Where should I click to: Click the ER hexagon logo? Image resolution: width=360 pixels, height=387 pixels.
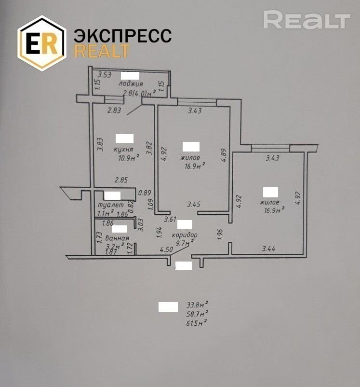coord(41,43)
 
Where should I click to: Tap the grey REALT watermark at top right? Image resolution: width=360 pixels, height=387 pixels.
coord(307,20)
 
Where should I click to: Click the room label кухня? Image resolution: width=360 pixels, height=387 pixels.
coord(124,149)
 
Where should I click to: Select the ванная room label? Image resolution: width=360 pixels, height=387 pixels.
coord(117,238)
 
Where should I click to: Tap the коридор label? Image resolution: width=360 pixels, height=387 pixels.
coord(185,235)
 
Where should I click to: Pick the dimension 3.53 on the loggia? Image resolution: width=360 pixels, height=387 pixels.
coord(105,75)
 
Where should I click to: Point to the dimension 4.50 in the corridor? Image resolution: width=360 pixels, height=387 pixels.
coord(167,249)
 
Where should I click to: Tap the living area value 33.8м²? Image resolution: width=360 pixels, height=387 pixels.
coord(197,305)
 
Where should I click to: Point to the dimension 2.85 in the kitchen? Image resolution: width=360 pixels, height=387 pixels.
coord(121,180)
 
